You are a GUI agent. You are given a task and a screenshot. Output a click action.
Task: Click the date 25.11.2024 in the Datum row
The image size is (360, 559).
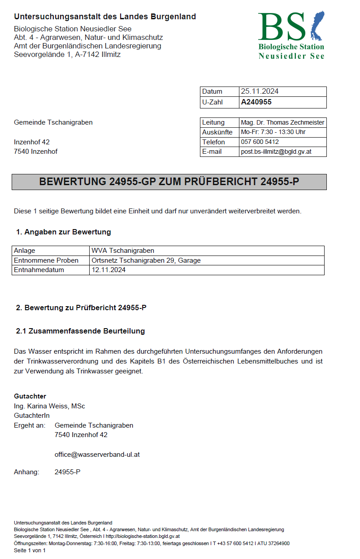(260, 91)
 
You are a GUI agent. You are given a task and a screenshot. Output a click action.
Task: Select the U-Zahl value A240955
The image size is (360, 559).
(256, 102)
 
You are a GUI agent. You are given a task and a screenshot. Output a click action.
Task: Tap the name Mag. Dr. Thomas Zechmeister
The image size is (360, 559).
(282, 122)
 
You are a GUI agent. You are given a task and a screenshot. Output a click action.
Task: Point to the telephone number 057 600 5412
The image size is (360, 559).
(260, 142)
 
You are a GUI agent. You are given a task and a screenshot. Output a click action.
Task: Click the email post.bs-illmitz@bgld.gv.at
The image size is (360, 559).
(276, 152)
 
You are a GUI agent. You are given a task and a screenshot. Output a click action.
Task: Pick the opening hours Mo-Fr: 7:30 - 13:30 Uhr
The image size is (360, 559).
(273, 132)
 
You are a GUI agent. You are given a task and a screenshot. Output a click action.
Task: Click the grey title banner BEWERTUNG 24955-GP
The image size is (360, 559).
(169, 182)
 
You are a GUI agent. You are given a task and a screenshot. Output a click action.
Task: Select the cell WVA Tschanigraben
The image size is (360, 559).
(122, 251)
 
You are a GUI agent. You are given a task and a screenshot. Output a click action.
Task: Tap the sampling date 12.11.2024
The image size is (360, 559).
(108, 270)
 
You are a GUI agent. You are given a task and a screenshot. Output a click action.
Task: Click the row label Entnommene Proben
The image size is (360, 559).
(46, 260)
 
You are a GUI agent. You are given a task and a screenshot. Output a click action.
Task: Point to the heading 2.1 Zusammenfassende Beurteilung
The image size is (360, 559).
(80, 331)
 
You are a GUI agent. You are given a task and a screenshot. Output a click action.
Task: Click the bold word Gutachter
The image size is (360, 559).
(30, 396)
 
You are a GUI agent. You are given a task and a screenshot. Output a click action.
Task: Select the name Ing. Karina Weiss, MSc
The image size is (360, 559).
(49, 406)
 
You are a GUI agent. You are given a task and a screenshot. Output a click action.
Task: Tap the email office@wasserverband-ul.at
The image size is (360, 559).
(97, 454)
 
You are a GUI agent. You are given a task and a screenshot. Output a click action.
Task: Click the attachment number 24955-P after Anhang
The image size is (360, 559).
(67, 472)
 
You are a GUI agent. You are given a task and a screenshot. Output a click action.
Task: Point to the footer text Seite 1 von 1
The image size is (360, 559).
(30, 550)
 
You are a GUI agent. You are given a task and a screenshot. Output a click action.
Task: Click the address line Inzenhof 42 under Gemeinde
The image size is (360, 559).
(32, 142)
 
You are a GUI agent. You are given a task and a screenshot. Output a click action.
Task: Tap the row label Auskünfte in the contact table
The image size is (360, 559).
(217, 132)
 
